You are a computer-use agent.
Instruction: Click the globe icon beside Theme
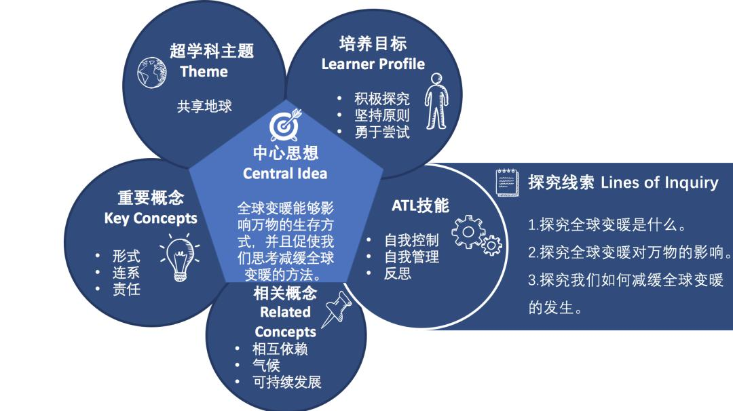(152, 73)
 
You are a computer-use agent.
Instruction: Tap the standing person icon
(436, 101)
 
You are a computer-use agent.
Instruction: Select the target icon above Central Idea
(285, 125)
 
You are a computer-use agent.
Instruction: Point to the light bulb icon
(181, 257)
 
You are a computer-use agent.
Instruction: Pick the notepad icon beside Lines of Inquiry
(507, 182)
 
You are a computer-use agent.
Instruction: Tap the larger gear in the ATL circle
(468, 232)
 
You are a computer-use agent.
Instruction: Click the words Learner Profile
(373, 64)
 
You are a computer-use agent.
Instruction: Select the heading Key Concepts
(151, 218)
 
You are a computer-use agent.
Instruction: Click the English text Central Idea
(285, 174)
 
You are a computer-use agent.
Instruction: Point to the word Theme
(204, 71)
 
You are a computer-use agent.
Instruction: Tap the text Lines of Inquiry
(659, 182)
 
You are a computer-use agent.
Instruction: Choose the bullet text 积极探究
(382, 99)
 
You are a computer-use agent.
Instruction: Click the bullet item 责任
(126, 290)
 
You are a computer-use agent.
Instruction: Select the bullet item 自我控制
(411, 241)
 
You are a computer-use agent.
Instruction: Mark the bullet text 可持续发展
(287, 382)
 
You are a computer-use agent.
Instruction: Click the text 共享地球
(204, 106)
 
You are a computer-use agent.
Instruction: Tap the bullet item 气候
(266, 366)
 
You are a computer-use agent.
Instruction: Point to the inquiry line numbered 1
(607, 225)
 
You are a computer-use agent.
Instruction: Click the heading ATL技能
(420, 206)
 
